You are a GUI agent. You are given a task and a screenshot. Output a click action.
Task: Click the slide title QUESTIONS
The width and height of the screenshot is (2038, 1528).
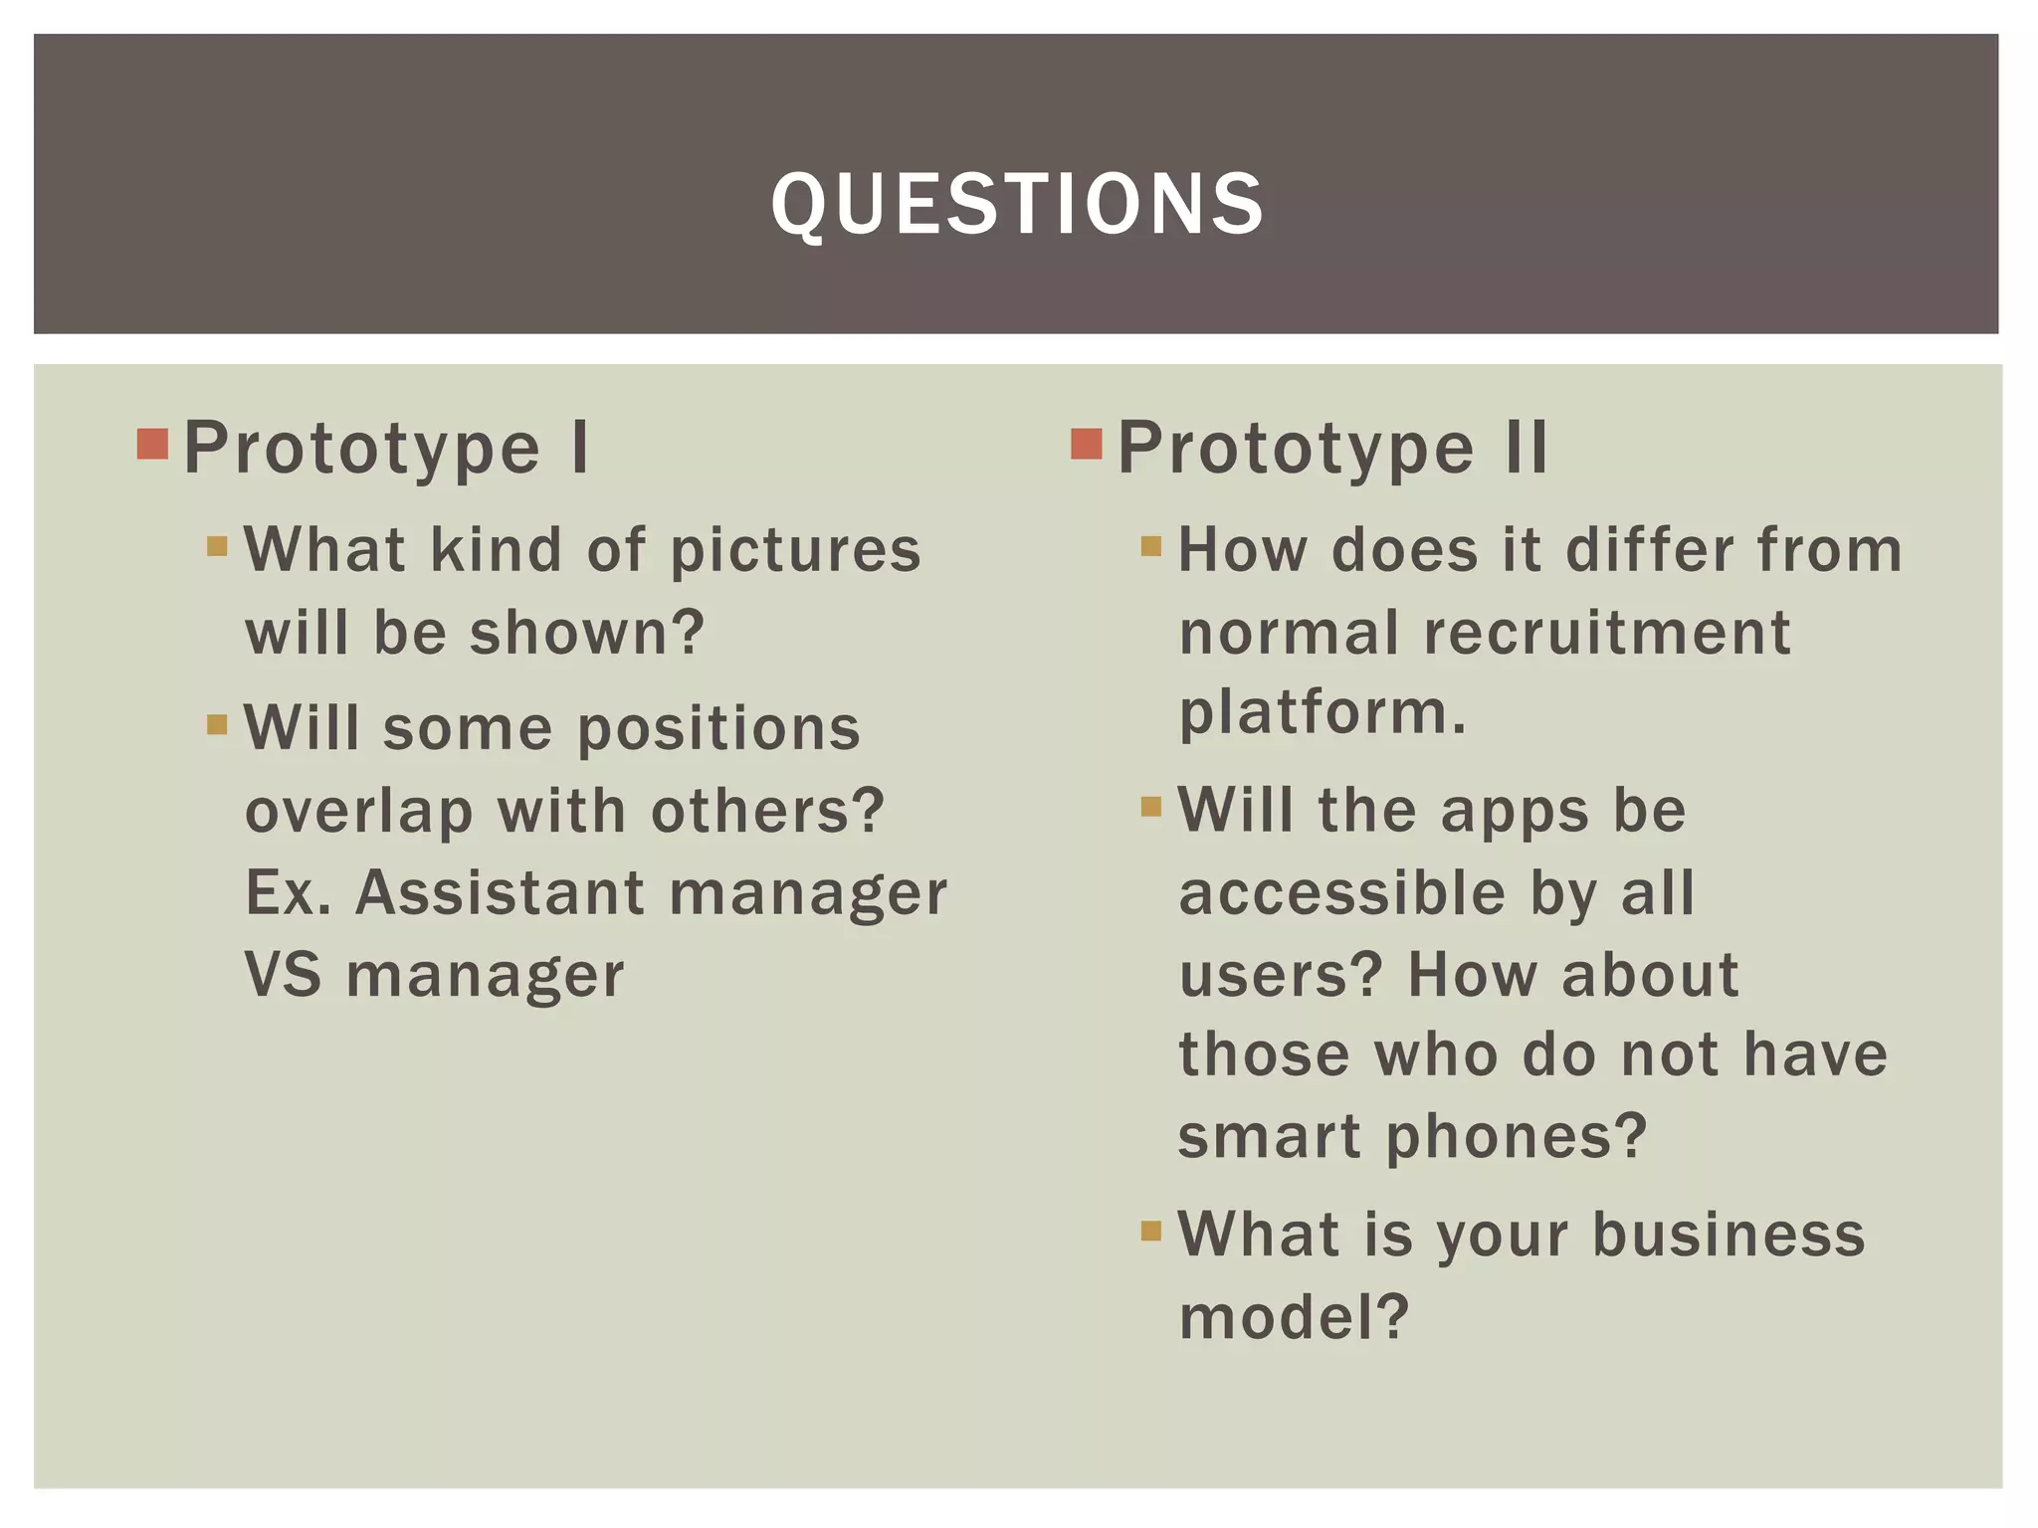click(1017, 204)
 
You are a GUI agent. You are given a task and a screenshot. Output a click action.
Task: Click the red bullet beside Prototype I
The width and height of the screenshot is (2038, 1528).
click(152, 444)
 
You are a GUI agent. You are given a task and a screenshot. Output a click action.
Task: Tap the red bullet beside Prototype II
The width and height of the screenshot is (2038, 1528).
click(1087, 444)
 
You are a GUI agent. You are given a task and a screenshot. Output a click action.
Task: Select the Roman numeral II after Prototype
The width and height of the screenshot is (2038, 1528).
click(1526, 448)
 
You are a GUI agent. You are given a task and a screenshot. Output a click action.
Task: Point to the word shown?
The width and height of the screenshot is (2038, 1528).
click(587, 633)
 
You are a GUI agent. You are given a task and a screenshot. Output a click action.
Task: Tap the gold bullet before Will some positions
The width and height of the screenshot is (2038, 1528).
click(217, 723)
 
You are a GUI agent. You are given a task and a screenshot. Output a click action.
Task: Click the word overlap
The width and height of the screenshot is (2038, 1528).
click(359, 812)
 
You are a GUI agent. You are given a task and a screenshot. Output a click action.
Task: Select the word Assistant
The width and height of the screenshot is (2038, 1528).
click(500, 892)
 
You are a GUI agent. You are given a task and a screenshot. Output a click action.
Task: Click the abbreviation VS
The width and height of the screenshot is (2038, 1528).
click(284, 974)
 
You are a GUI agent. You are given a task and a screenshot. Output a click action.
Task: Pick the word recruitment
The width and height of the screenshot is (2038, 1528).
click(1607, 633)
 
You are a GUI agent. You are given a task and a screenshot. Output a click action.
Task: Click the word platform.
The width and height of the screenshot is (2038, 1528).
click(1322, 714)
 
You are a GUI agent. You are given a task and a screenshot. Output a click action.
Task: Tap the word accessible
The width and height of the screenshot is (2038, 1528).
click(1341, 892)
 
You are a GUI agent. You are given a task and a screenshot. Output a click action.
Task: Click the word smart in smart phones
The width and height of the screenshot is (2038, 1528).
click(1269, 1137)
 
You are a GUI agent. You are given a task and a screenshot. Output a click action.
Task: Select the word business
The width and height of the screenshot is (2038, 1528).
click(1729, 1235)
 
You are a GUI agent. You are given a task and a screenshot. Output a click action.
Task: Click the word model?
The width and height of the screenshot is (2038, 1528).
click(1294, 1317)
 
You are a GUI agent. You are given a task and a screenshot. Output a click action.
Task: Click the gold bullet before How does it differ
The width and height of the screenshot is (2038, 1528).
click(1151, 546)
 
